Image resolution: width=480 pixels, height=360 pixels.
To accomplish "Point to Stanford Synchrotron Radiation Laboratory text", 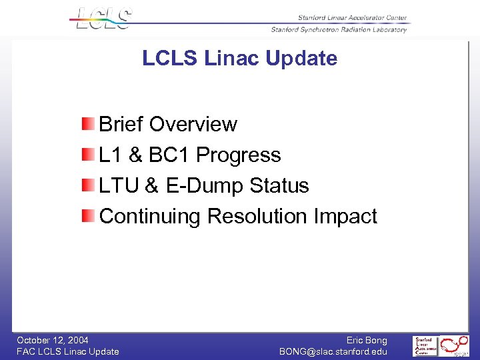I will [x=338, y=29].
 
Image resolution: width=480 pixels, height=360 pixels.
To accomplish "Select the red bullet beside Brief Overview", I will [x=89, y=124].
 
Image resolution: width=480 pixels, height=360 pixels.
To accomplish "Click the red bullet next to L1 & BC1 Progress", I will [x=89, y=155].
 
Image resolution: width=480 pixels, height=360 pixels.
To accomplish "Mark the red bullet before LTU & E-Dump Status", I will [x=89, y=185].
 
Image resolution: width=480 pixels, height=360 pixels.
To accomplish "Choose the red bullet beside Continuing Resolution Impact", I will [x=89, y=216].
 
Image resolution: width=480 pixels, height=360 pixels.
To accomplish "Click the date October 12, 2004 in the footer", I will [x=53, y=340].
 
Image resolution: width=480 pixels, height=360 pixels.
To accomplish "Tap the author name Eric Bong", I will [x=366, y=340].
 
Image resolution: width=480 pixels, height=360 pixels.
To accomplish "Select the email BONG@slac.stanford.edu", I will [x=333, y=351].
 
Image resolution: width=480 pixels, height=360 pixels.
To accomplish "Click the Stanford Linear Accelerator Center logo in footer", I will [x=425, y=346].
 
